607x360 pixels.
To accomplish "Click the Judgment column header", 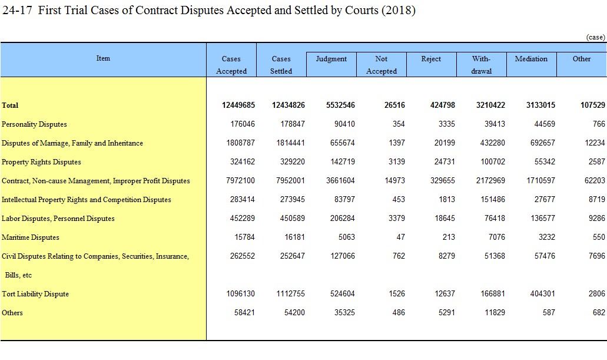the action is coord(331,59).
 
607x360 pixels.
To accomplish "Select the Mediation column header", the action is coord(531,59).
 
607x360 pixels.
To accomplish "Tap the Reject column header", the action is coord(431,59).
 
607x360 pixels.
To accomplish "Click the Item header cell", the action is coord(103,58).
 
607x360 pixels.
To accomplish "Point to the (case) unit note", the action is coord(595,37).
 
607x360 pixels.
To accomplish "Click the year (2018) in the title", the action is coord(399,10).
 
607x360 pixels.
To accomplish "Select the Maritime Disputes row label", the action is coord(30,237).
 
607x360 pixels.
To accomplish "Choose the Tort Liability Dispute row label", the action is coord(35,294).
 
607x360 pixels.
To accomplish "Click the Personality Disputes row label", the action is coord(34,124).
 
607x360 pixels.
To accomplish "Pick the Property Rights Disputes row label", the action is coord(41,162).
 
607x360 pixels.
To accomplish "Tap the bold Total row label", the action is coord(10,105).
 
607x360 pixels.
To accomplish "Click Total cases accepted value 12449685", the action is coord(238,105).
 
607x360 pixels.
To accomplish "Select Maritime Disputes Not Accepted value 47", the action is coord(401,237).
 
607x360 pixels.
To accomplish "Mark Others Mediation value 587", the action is coord(549,313).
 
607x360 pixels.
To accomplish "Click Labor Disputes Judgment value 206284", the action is coord(343,218).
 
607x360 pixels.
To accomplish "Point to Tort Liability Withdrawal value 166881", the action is coord(493,294).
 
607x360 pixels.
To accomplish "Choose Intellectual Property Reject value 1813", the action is coord(447,200).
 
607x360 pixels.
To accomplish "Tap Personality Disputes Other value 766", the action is coord(599,124).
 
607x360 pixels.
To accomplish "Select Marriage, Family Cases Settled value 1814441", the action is coord(290,143).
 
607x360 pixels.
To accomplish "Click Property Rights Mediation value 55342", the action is coord(545,161).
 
